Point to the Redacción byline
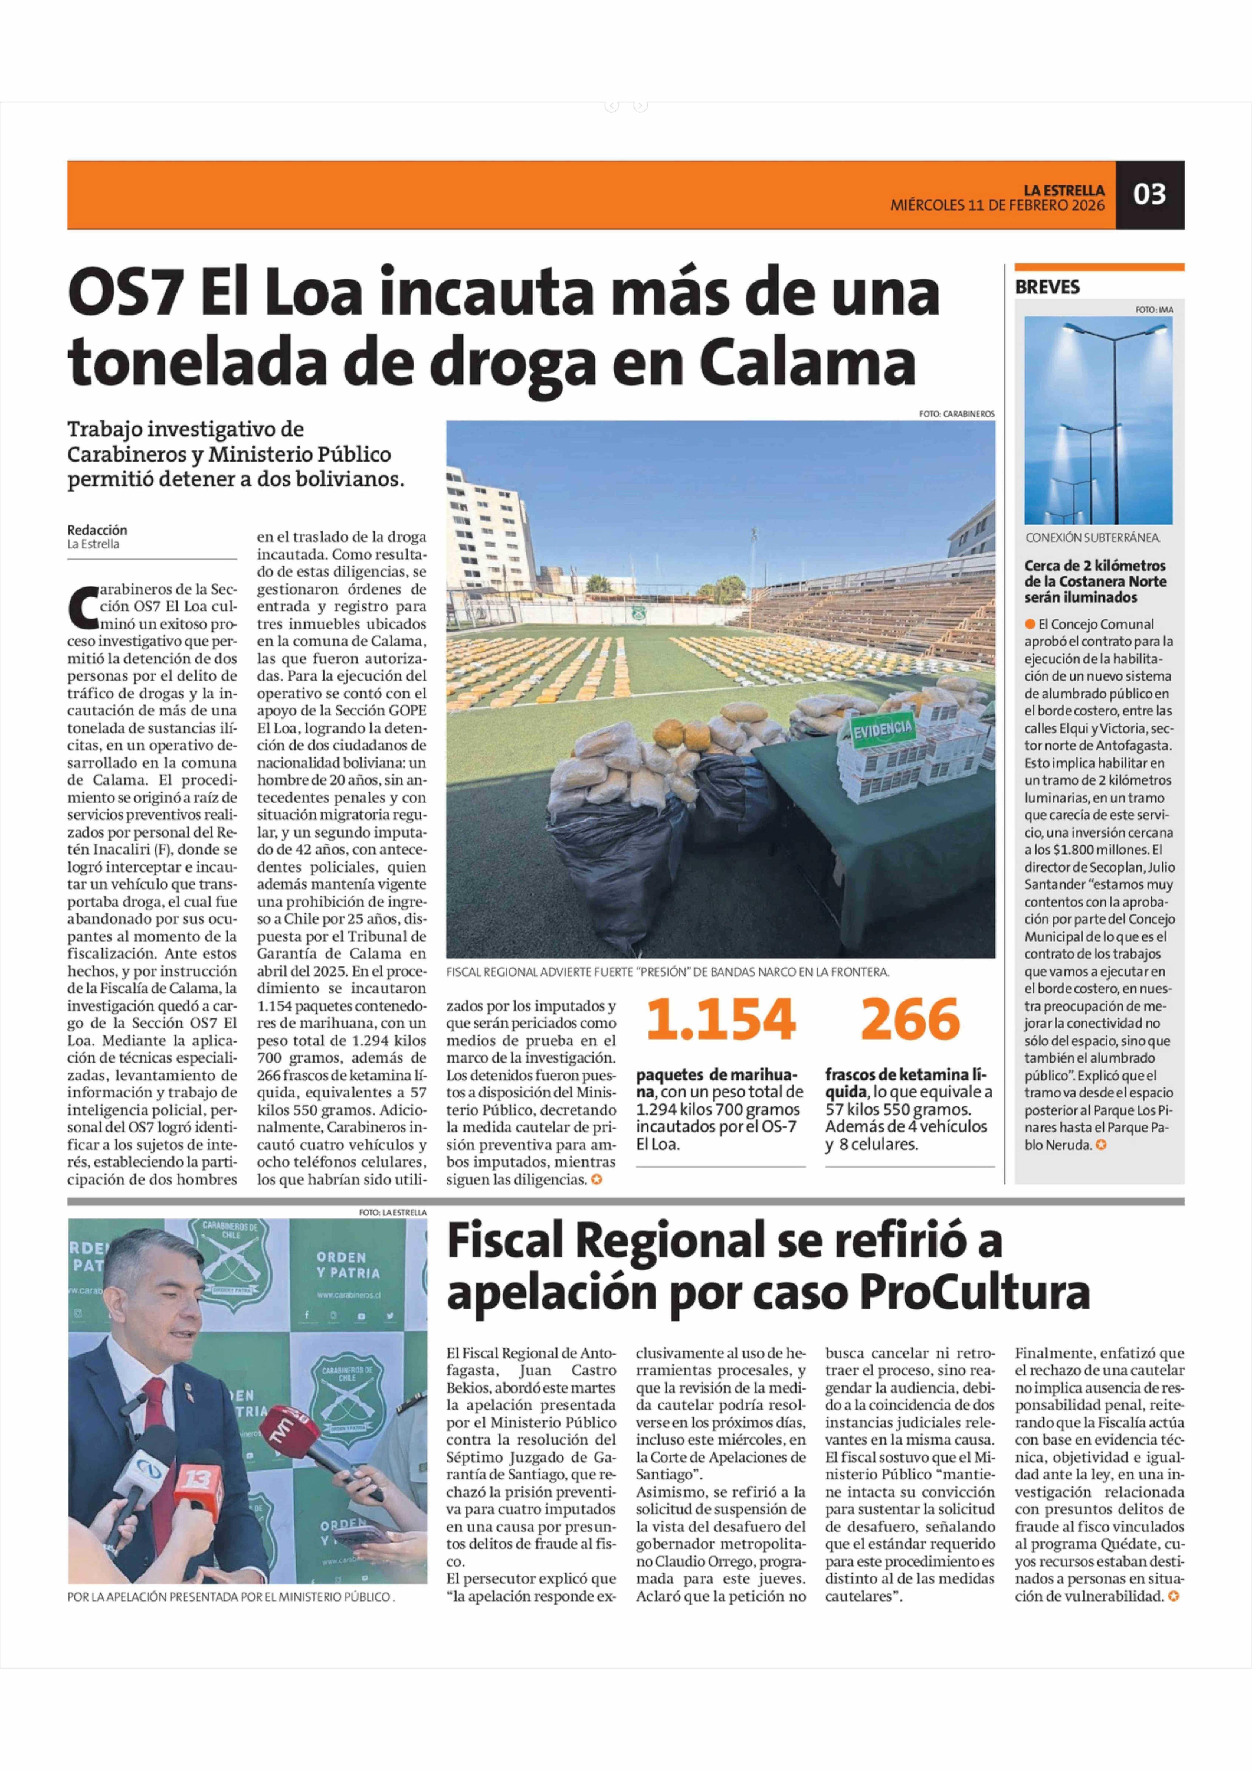(x=97, y=530)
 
